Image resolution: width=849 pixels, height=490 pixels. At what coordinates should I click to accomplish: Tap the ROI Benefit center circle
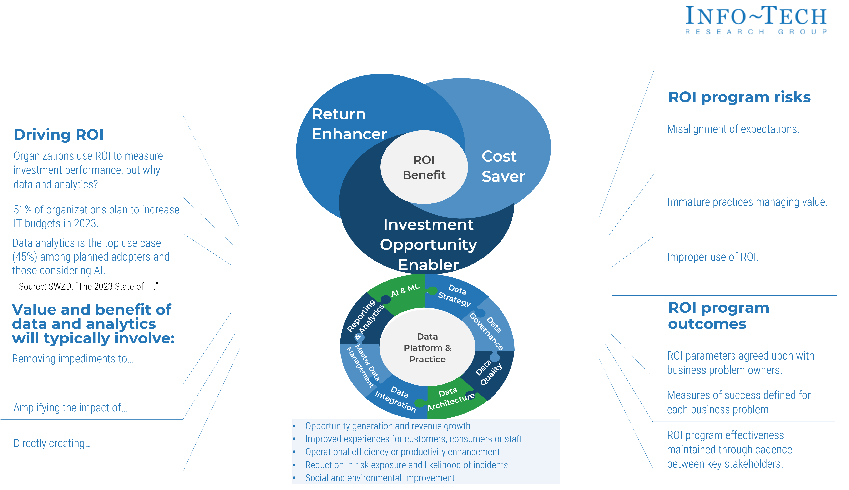point(424,167)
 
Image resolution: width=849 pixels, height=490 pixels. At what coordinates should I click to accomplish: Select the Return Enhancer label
point(349,124)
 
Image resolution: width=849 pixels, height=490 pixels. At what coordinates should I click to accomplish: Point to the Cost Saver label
point(503,166)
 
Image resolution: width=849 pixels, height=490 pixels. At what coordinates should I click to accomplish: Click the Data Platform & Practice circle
point(427,348)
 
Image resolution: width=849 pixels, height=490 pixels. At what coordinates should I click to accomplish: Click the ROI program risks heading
point(739,97)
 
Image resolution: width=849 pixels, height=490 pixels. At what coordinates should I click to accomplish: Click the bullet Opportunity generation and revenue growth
point(387,426)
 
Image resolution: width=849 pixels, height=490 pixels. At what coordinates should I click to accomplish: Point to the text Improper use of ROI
point(712,257)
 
